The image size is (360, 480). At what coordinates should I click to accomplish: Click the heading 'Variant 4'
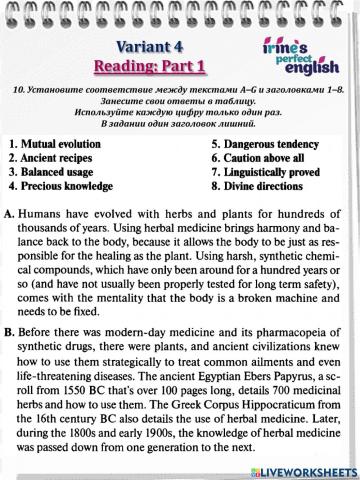149,47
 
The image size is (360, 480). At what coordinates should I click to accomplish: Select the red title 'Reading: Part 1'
149,67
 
